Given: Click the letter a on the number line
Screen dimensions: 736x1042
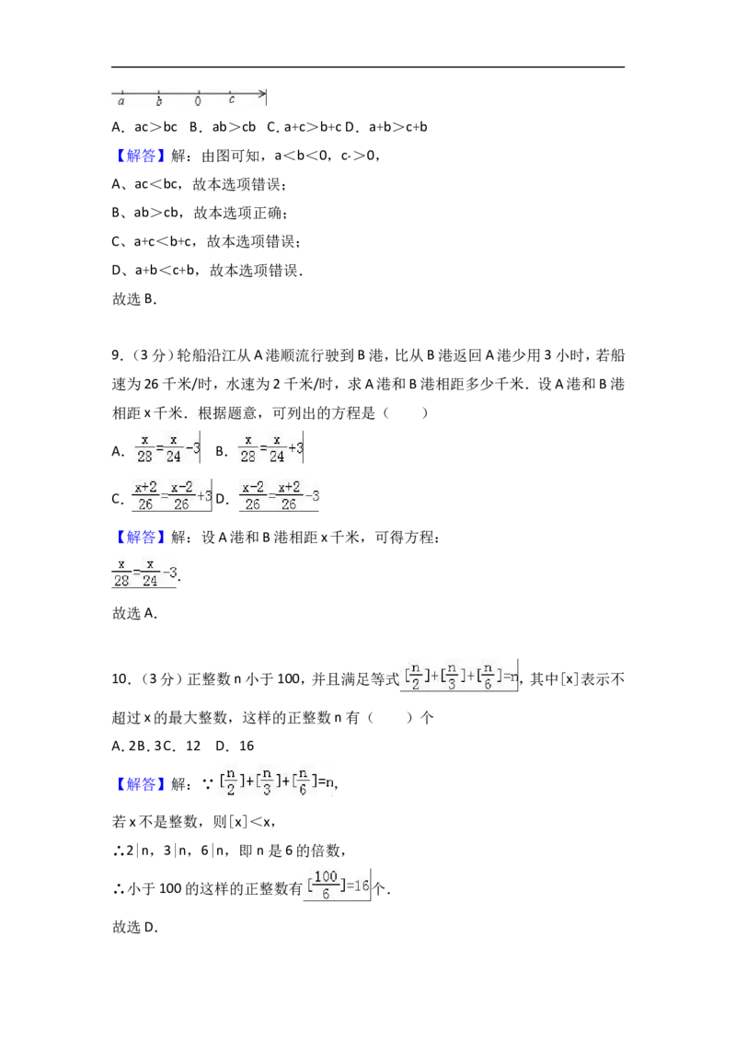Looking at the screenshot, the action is click(x=121, y=101).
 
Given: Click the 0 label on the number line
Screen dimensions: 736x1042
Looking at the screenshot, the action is click(x=198, y=101).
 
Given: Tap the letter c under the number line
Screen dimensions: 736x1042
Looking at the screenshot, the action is click(x=231, y=100).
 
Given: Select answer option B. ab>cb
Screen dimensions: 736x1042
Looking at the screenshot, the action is click(x=223, y=127).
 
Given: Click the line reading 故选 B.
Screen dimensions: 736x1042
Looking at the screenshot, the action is click(x=134, y=299).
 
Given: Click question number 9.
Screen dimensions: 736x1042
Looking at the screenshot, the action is click(x=118, y=355).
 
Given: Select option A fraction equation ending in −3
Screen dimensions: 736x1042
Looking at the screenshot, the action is click(x=167, y=448).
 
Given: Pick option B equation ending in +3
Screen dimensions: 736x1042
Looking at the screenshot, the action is click(x=270, y=448).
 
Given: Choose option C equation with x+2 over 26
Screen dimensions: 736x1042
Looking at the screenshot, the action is click(x=172, y=496).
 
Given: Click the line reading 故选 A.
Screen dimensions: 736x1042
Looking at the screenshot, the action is click(x=134, y=613).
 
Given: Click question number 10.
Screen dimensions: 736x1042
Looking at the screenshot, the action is click(x=121, y=679).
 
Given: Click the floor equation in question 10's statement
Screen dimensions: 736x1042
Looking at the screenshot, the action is click(x=460, y=676).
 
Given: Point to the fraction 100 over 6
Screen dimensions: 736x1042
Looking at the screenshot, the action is click(x=326, y=886).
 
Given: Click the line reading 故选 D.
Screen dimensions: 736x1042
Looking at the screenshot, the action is click(x=135, y=928).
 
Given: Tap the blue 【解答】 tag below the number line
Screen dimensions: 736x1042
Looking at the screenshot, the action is click(x=140, y=156).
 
